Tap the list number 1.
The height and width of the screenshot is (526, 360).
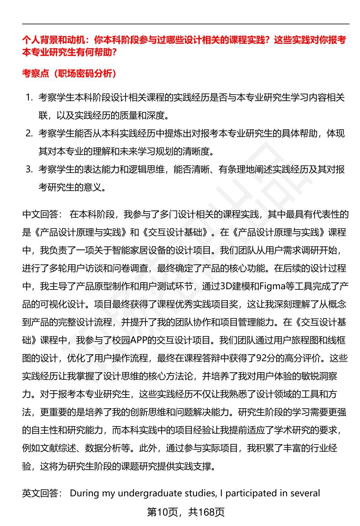(x=29, y=97)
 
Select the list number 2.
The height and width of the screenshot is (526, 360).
(x=29, y=133)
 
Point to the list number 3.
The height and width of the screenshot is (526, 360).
(x=29, y=169)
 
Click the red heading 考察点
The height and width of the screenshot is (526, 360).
(x=35, y=73)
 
